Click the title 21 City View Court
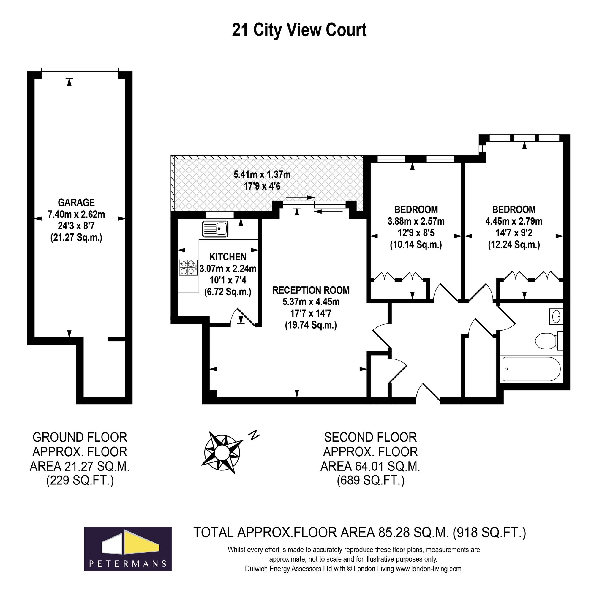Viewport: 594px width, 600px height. [299, 30]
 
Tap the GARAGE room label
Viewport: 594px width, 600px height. [76, 203]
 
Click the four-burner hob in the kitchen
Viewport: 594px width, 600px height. [189, 267]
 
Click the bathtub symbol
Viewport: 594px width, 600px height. [531, 369]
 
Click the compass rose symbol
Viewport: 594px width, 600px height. [222, 451]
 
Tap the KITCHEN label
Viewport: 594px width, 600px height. [228, 257]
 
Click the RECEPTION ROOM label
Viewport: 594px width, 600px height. [311, 290]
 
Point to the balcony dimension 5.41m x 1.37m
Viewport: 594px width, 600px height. [262, 175]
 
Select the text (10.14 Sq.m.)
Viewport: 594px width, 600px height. [416, 245]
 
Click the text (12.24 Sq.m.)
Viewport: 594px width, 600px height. [514, 245]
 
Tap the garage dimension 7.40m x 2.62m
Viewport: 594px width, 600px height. [76, 214]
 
